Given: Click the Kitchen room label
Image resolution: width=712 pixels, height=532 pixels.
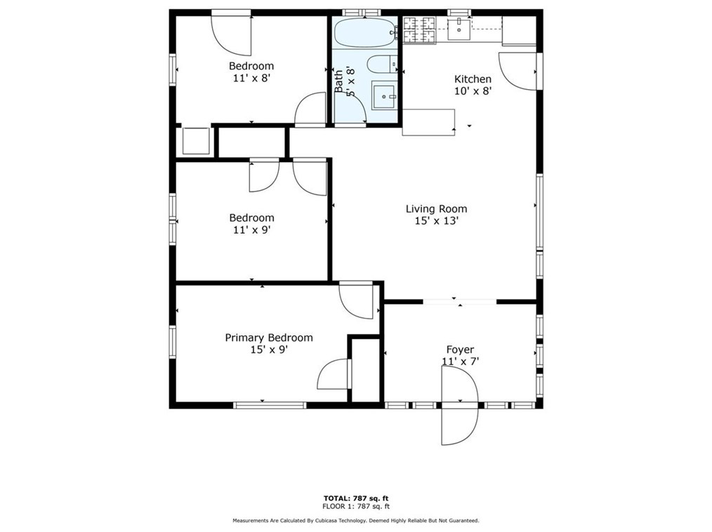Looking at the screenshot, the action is [473, 79].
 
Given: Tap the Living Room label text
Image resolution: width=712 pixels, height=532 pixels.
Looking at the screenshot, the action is [436, 209].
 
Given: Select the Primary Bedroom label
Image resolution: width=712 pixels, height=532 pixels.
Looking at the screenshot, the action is [269, 338].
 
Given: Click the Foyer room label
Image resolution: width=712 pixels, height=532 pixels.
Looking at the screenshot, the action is [460, 350].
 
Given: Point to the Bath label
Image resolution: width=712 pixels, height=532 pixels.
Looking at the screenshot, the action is [338, 81].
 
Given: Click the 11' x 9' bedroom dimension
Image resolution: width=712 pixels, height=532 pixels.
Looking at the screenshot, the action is [251, 230].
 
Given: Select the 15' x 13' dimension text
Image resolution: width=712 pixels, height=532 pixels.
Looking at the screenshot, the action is [436, 221].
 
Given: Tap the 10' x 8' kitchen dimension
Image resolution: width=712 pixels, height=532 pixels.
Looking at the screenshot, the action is [473, 91].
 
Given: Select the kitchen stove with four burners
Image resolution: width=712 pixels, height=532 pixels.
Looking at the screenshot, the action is [420, 30].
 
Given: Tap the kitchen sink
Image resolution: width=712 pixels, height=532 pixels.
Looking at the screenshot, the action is [460, 28].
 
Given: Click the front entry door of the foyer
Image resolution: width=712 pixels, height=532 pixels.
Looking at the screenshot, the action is [459, 406].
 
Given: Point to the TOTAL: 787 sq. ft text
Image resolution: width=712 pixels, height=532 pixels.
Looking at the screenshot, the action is [356, 498].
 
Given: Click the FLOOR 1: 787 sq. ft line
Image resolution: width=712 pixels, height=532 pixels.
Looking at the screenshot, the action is [356, 507].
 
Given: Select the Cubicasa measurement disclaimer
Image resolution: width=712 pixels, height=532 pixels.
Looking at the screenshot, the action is [356, 521].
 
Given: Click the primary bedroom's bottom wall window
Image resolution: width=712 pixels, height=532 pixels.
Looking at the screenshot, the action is [270, 406].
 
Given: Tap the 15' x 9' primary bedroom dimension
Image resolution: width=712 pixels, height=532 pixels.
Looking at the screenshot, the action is [269, 350].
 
